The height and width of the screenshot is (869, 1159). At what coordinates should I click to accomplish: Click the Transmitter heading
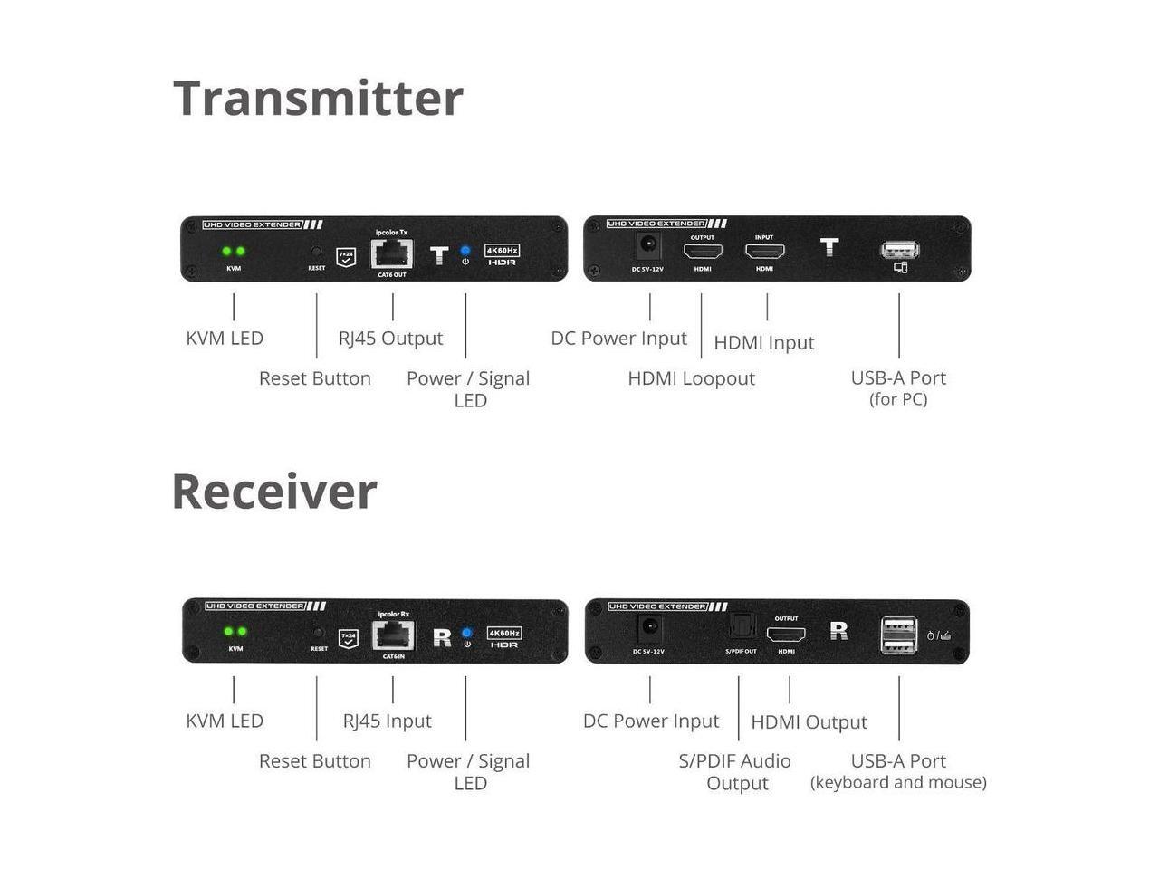(x=318, y=98)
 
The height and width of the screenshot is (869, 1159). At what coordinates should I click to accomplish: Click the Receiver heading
(x=274, y=492)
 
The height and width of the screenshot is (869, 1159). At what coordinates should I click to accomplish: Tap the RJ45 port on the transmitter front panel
(x=392, y=254)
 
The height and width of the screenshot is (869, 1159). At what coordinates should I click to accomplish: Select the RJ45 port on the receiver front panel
(x=393, y=635)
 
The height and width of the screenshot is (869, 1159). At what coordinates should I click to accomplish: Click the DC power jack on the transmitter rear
(x=648, y=244)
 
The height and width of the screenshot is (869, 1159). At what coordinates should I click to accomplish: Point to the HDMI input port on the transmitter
(x=764, y=252)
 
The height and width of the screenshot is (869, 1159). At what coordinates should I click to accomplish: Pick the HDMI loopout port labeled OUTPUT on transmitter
(x=703, y=252)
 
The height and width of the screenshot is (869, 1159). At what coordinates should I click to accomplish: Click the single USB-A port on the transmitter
(x=899, y=249)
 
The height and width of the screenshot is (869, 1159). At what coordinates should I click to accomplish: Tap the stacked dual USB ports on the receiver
(x=898, y=634)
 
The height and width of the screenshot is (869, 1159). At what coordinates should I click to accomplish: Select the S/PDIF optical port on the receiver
(x=741, y=626)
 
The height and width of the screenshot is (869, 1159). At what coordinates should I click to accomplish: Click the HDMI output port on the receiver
(x=786, y=635)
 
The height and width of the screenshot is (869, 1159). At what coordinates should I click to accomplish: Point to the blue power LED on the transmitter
(x=465, y=250)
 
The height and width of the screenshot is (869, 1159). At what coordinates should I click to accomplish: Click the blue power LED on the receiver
(x=466, y=632)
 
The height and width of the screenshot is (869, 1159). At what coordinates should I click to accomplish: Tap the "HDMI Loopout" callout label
(x=691, y=378)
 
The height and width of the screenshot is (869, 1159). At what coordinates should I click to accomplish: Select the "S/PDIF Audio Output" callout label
(x=734, y=771)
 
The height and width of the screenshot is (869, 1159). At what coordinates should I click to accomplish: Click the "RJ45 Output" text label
(x=390, y=339)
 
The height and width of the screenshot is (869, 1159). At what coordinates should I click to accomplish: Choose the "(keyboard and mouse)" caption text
(x=898, y=782)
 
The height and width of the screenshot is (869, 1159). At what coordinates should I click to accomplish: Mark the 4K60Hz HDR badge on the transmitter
(x=502, y=254)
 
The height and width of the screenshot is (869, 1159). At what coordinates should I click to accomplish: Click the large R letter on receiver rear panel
(x=838, y=630)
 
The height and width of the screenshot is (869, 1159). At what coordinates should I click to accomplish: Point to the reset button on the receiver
(x=318, y=632)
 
